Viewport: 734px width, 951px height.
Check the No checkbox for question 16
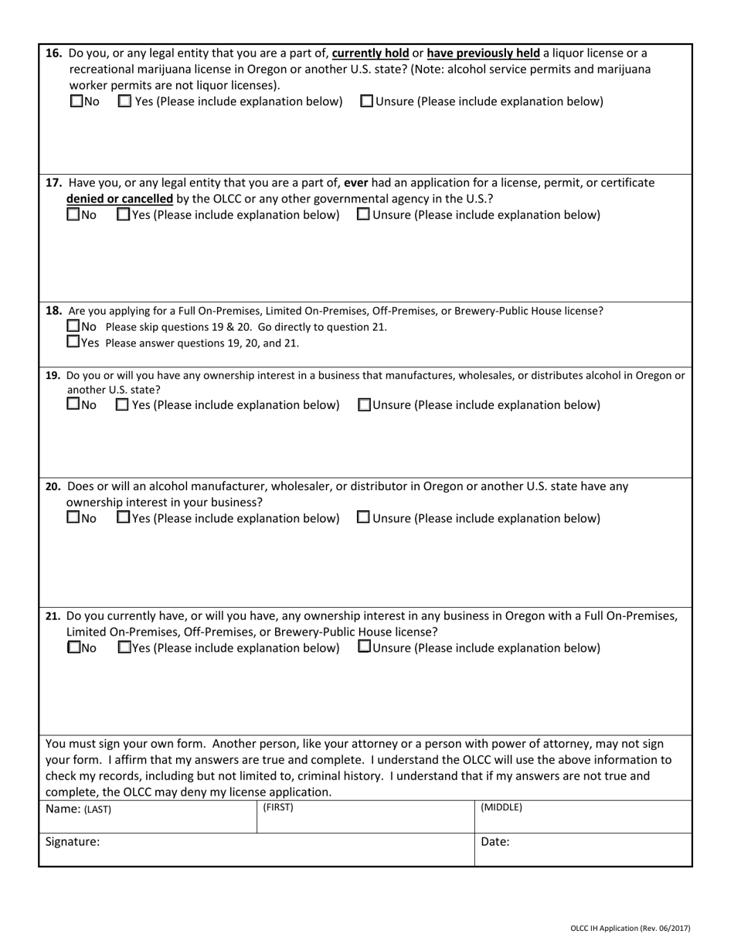point(76,101)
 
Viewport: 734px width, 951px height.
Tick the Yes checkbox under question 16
point(124,101)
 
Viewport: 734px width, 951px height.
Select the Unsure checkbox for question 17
point(363,215)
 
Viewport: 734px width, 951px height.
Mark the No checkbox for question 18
point(73,326)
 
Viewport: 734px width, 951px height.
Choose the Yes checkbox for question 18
point(73,342)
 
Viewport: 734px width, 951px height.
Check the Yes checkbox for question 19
point(121,405)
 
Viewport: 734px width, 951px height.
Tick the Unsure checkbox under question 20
point(363,518)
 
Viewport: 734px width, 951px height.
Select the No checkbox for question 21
point(73,648)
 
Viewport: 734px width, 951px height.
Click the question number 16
point(54,53)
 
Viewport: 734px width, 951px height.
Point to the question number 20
point(53,486)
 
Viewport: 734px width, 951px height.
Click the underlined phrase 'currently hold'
point(370,53)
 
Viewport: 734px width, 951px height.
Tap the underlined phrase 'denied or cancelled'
point(119,199)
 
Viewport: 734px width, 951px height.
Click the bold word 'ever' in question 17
point(355,183)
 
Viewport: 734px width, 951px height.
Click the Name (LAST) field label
point(78,810)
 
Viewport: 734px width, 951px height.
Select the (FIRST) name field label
point(278,807)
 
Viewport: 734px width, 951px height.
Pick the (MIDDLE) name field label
point(501,807)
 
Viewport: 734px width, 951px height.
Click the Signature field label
point(73,842)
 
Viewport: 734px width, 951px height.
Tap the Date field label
point(494,842)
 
